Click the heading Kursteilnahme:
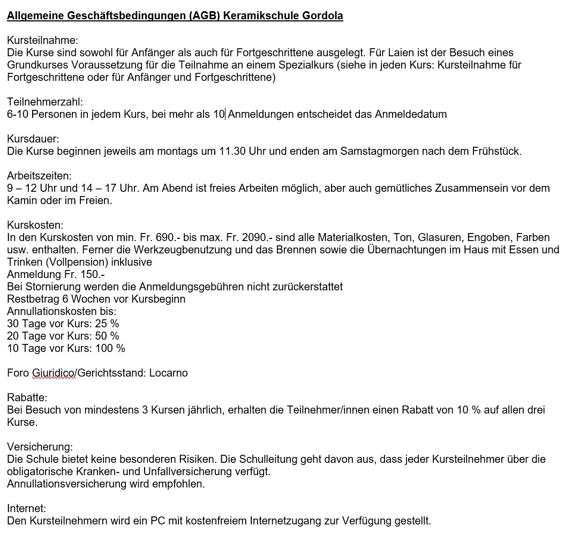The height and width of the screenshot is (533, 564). coord(42,40)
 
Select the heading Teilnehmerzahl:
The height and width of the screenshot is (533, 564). coord(45,102)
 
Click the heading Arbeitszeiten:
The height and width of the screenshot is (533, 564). coord(39,176)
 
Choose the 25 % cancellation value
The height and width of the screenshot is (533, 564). coord(107,324)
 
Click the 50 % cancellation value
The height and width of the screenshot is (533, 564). coord(107,336)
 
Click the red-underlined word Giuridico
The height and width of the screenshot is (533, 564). coord(54,373)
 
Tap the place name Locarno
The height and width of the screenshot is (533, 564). coord(168,373)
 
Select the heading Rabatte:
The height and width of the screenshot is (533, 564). coord(27,397)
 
